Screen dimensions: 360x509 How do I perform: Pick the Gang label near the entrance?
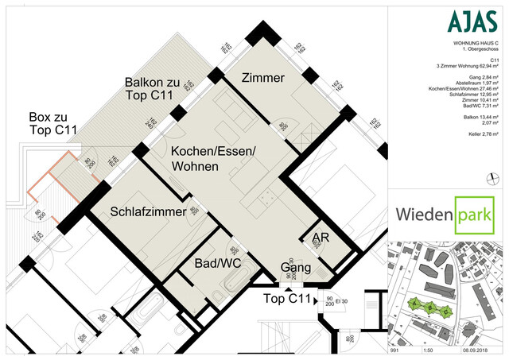(296, 268)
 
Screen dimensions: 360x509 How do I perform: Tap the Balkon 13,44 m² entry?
(480, 117)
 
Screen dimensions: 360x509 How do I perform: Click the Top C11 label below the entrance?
(286, 299)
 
